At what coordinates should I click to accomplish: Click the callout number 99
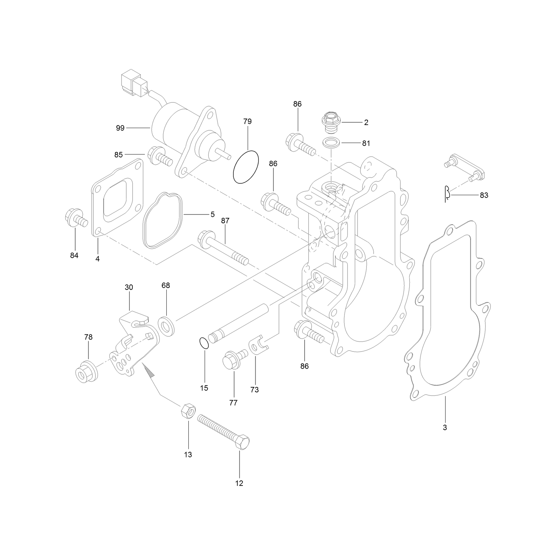point(120,128)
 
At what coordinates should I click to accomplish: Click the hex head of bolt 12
point(242,442)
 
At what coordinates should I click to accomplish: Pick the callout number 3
point(445,427)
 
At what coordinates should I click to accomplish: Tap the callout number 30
point(129,287)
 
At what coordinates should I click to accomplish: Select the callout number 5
point(213,214)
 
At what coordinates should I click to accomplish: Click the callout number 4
point(98,259)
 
